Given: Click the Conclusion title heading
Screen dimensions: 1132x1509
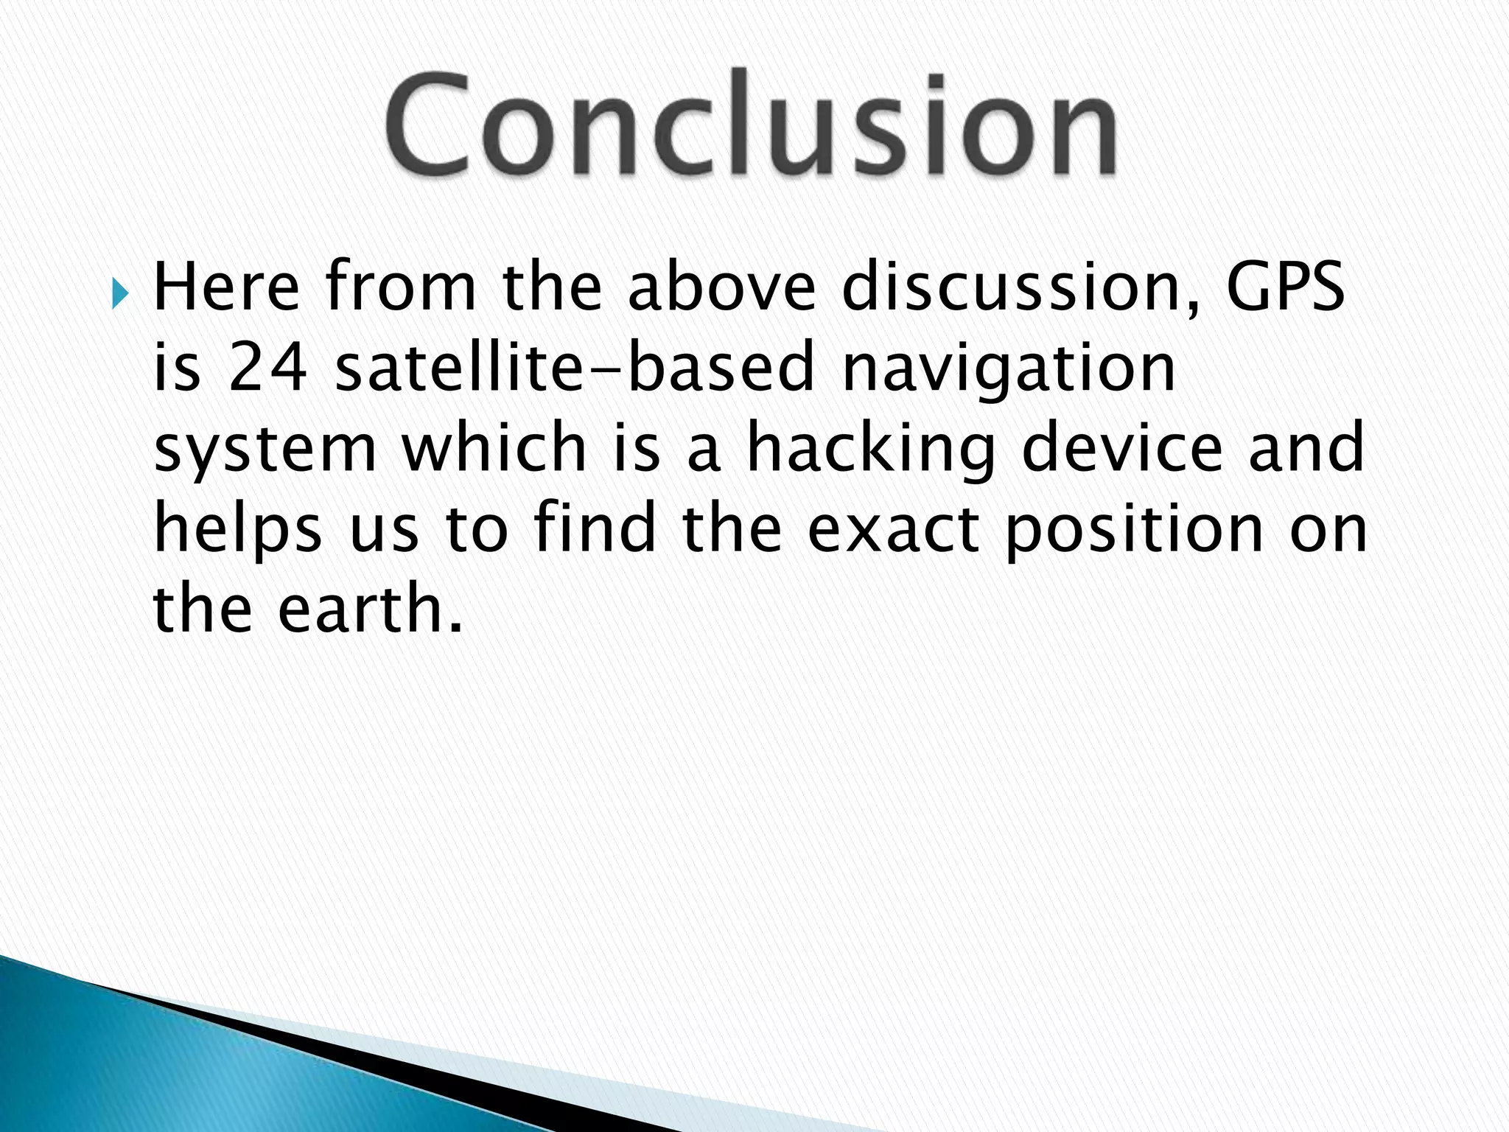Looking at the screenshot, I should point(750,124).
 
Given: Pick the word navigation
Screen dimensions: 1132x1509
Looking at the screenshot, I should point(1008,371).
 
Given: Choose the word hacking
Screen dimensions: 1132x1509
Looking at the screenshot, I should point(870,450).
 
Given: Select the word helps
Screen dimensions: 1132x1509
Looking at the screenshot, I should point(237,531).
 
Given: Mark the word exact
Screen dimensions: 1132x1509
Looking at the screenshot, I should point(893,531).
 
